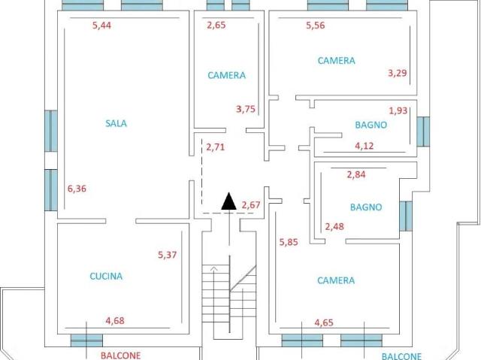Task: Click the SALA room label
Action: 116,123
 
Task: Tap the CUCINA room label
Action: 106,276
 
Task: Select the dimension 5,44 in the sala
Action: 102,25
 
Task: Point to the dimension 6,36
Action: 77,189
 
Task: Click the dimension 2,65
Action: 216,25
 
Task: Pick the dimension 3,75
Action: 246,109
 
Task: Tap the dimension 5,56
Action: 316,25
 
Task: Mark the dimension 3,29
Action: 398,73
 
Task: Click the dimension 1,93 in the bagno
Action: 398,110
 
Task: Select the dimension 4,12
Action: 365,146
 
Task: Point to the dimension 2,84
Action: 356,174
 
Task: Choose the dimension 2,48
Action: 334,227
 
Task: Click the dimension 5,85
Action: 289,242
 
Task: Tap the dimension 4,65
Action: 324,322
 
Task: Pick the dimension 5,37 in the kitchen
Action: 167,255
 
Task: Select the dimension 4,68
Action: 115,321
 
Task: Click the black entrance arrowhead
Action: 228,201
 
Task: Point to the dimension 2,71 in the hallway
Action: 216,147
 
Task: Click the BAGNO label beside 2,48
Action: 366,207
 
